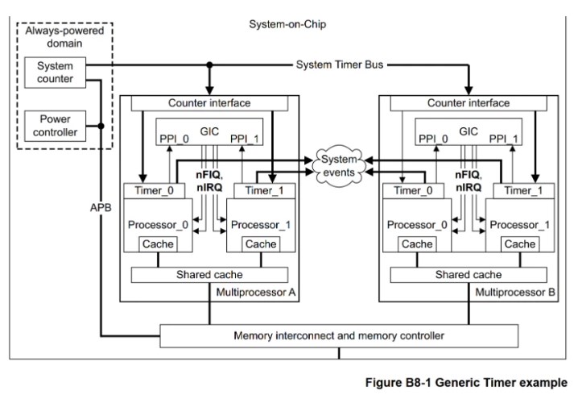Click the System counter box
click(x=54, y=73)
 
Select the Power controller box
click(x=54, y=126)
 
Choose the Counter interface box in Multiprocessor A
click(x=208, y=103)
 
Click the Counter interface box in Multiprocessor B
click(x=469, y=103)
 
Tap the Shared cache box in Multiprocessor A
click(x=208, y=275)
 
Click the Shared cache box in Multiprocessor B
click(x=469, y=275)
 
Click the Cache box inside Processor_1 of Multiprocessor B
click(x=519, y=244)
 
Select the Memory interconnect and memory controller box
click(x=339, y=335)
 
